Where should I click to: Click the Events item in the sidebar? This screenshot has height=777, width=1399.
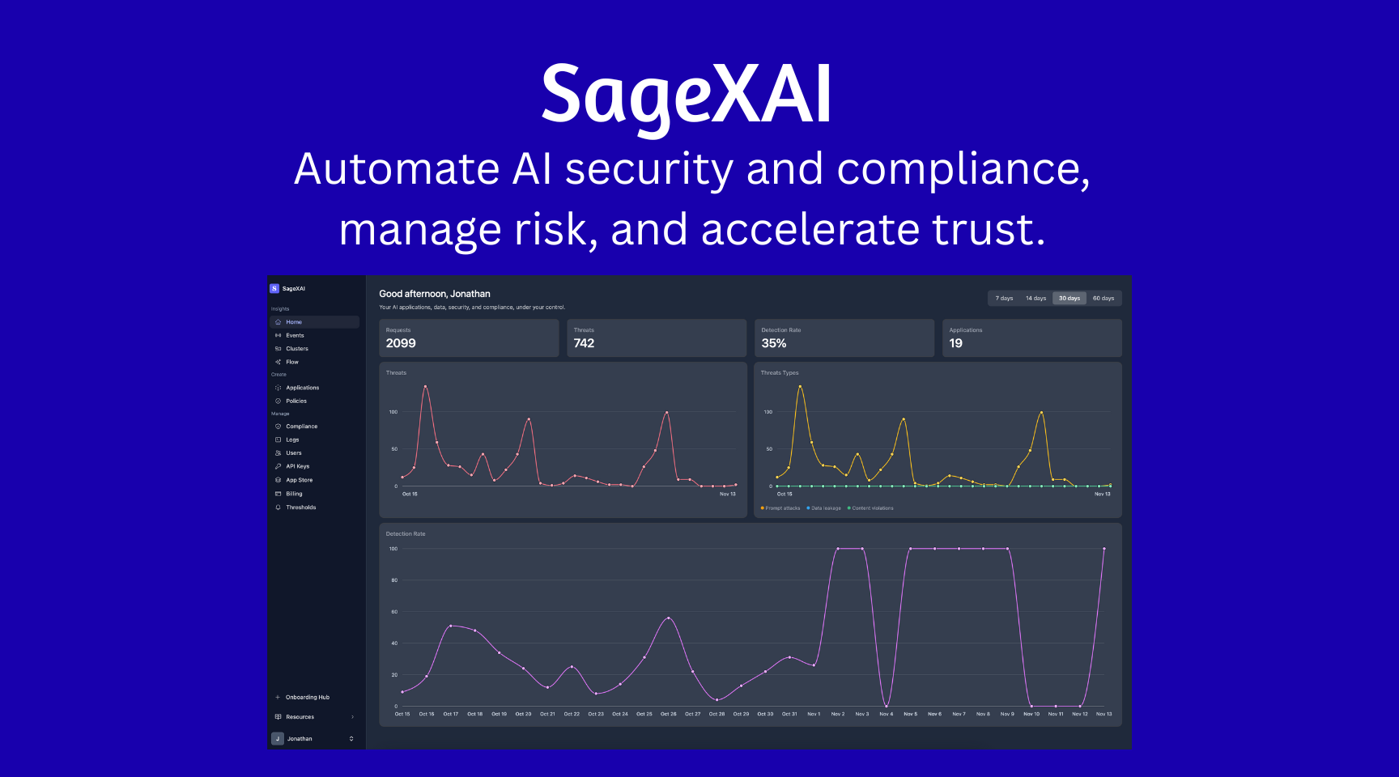pyautogui.click(x=295, y=335)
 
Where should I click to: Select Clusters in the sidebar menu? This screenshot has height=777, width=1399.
pyautogui.click(x=296, y=349)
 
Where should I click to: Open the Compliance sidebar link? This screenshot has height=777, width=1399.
pyautogui.click(x=301, y=427)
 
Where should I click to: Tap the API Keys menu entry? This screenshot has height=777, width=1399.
pyautogui.click(x=297, y=466)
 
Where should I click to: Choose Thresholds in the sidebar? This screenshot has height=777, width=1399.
pyautogui.click(x=300, y=507)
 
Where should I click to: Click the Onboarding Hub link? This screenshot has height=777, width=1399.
pyautogui.click(x=307, y=697)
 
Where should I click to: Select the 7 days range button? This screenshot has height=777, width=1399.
pyautogui.click(x=1004, y=298)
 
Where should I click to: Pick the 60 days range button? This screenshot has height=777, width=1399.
pyautogui.click(x=1103, y=298)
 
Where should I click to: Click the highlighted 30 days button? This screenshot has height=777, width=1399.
pyautogui.click(x=1069, y=298)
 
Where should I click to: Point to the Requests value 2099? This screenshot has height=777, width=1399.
pyautogui.click(x=401, y=343)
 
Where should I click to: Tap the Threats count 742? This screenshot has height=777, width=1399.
pyautogui.click(x=584, y=343)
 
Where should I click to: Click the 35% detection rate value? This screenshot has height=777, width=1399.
pyautogui.click(x=774, y=343)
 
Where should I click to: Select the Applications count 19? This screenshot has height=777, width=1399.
pyautogui.click(x=956, y=343)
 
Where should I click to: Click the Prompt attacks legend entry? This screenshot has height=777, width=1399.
pyautogui.click(x=781, y=508)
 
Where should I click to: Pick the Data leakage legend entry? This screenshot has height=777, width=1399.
pyautogui.click(x=825, y=508)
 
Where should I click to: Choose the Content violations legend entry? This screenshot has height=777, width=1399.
pyautogui.click(x=872, y=508)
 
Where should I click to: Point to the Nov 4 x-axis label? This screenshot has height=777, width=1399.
pyautogui.click(x=887, y=714)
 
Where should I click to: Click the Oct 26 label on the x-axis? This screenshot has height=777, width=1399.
pyautogui.click(x=668, y=714)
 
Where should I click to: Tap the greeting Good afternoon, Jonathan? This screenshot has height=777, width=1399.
pyautogui.click(x=435, y=294)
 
